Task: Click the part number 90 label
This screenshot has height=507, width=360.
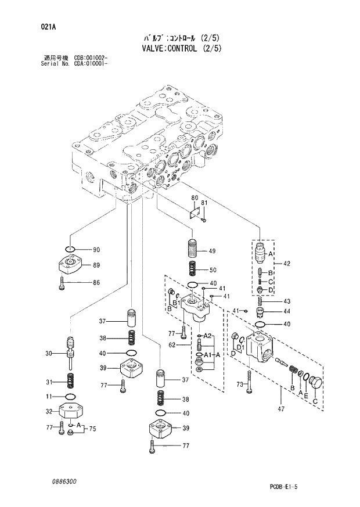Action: click(96, 250)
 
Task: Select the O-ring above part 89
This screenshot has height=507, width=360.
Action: click(70, 250)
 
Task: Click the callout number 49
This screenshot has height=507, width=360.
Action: click(212, 251)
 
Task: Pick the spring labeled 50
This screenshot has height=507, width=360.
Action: click(192, 269)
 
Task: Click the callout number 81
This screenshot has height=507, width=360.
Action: click(204, 202)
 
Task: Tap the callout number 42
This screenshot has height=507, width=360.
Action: click(286, 264)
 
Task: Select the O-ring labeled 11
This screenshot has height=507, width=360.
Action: click(70, 397)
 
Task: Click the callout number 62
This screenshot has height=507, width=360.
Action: click(171, 345)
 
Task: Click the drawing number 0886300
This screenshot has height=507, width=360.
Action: click(64, 482)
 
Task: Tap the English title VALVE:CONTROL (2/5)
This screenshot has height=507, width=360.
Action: click(181, 48)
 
